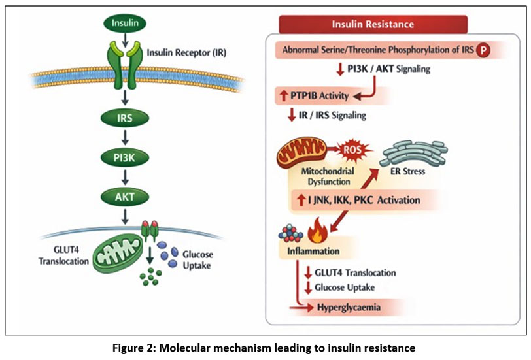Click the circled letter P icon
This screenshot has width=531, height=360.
tap(484, 50)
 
